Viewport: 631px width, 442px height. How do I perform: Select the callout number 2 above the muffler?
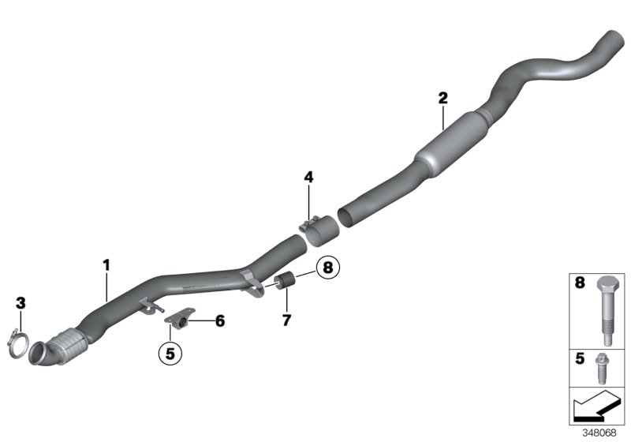443,98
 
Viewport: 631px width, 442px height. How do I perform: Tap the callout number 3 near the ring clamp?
21,302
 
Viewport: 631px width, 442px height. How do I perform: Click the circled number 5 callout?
169,352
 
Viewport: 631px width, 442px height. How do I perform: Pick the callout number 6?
220,320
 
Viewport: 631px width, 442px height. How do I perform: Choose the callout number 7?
286,320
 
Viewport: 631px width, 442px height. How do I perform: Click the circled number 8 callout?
328,269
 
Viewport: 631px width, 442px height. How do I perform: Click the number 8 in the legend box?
581,282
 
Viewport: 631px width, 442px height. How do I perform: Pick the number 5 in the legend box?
581,358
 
